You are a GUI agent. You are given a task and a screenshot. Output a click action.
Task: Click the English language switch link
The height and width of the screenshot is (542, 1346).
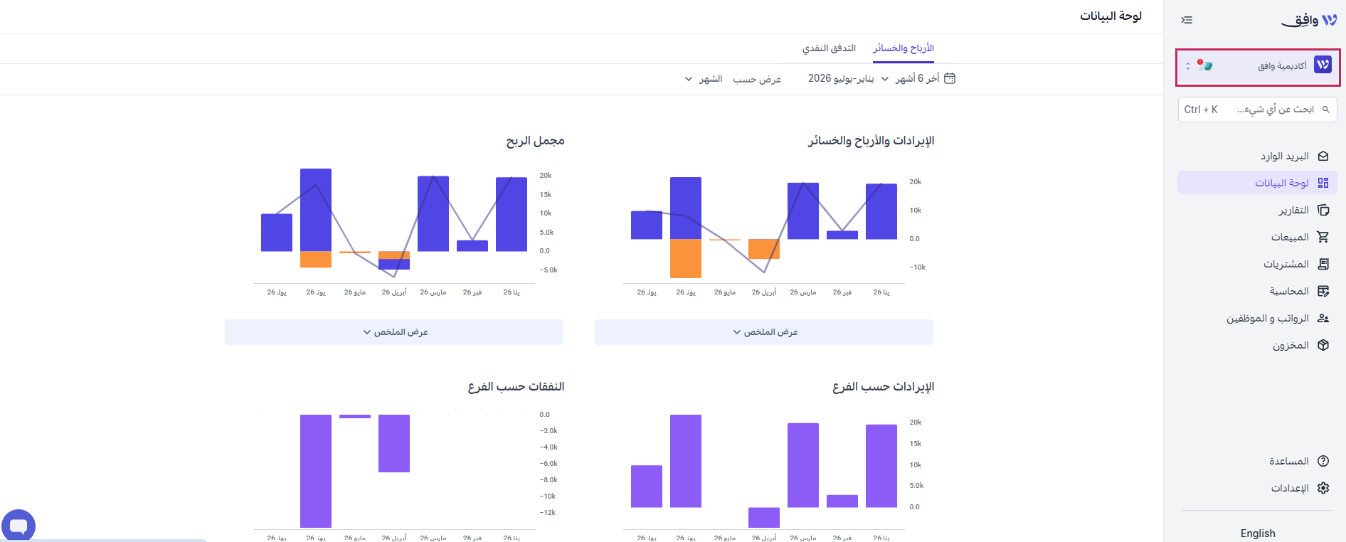coord(1257,533)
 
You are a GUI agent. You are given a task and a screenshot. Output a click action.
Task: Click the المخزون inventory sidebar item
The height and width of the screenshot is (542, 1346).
coord(1300,345)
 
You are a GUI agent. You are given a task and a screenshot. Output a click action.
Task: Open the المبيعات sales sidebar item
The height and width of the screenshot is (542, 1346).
coord(1300,237)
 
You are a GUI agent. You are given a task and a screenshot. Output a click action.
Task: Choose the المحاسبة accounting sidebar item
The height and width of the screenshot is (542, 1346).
coord(1299,291)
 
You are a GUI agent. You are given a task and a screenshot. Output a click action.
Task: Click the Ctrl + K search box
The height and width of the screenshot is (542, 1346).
coord(1257,110)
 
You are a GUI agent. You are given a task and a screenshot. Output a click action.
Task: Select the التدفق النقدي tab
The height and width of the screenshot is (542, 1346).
coord(829,48)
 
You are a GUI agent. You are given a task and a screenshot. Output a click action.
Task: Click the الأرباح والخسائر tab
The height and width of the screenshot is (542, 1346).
coord(903,48)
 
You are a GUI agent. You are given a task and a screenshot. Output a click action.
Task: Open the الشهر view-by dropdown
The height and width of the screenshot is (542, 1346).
coord(704,79)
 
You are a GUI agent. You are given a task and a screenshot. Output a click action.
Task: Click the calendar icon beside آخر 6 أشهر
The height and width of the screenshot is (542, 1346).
coord(949,78)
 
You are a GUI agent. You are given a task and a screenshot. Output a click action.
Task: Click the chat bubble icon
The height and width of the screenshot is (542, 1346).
coord(18,526)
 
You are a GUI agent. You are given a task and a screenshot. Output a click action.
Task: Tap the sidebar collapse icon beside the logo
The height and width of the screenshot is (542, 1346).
coord(1187,20)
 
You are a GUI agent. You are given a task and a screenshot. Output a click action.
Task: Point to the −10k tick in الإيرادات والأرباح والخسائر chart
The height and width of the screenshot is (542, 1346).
coord(917,267)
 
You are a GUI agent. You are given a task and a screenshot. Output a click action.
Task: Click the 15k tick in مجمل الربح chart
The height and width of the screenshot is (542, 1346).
coord(546,195)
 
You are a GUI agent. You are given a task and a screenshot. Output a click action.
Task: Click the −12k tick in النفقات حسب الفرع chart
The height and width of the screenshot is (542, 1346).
coord(547,513)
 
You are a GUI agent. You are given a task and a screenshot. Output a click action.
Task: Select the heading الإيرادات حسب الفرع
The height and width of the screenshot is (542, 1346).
coord(883,387)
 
